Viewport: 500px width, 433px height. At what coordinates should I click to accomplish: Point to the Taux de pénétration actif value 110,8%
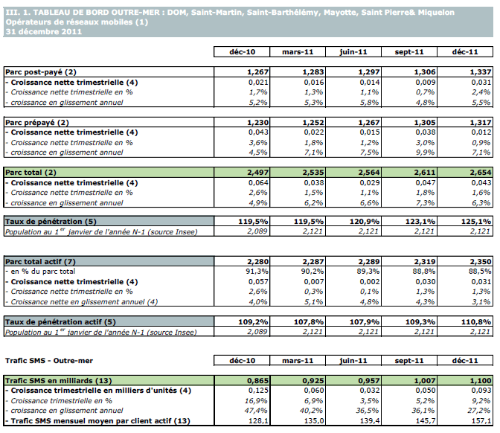pyautogui.click(x=476, y=321)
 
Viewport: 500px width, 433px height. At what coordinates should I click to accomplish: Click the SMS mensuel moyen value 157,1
pyautogui.click(x=479, y=420)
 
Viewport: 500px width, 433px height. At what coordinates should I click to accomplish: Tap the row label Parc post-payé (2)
pyautogui.click(x=37, y=71)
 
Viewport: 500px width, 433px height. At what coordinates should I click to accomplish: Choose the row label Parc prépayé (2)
pyautogui.click(x=36, y=121)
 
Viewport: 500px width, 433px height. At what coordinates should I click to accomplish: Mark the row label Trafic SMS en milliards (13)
pyautogui.click(x=51, y=381)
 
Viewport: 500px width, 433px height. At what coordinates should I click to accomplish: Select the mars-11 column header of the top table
pyautogui.click(x=297, y=51)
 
